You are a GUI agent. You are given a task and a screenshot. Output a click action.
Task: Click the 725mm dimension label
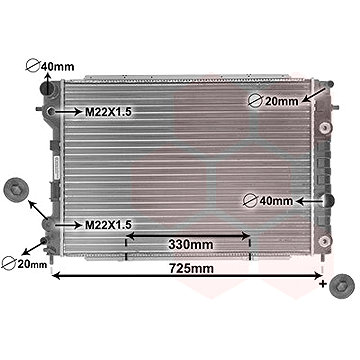[191, 268]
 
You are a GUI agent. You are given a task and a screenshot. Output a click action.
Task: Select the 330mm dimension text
[191, 245]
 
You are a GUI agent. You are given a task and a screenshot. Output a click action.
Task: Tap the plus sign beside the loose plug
[323, 284]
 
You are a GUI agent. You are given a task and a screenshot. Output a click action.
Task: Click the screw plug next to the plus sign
[341, 286]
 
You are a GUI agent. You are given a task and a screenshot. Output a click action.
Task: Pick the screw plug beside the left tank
[16, 190]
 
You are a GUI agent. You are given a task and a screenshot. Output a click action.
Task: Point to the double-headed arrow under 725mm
[187, 276]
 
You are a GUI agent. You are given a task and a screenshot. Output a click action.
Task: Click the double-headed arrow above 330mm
[188, 236]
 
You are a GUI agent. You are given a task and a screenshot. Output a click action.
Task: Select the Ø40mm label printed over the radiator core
[268, 201]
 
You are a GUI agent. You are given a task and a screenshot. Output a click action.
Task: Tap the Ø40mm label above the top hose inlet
[50, 66]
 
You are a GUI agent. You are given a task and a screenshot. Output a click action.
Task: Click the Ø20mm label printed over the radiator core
[273, 101]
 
